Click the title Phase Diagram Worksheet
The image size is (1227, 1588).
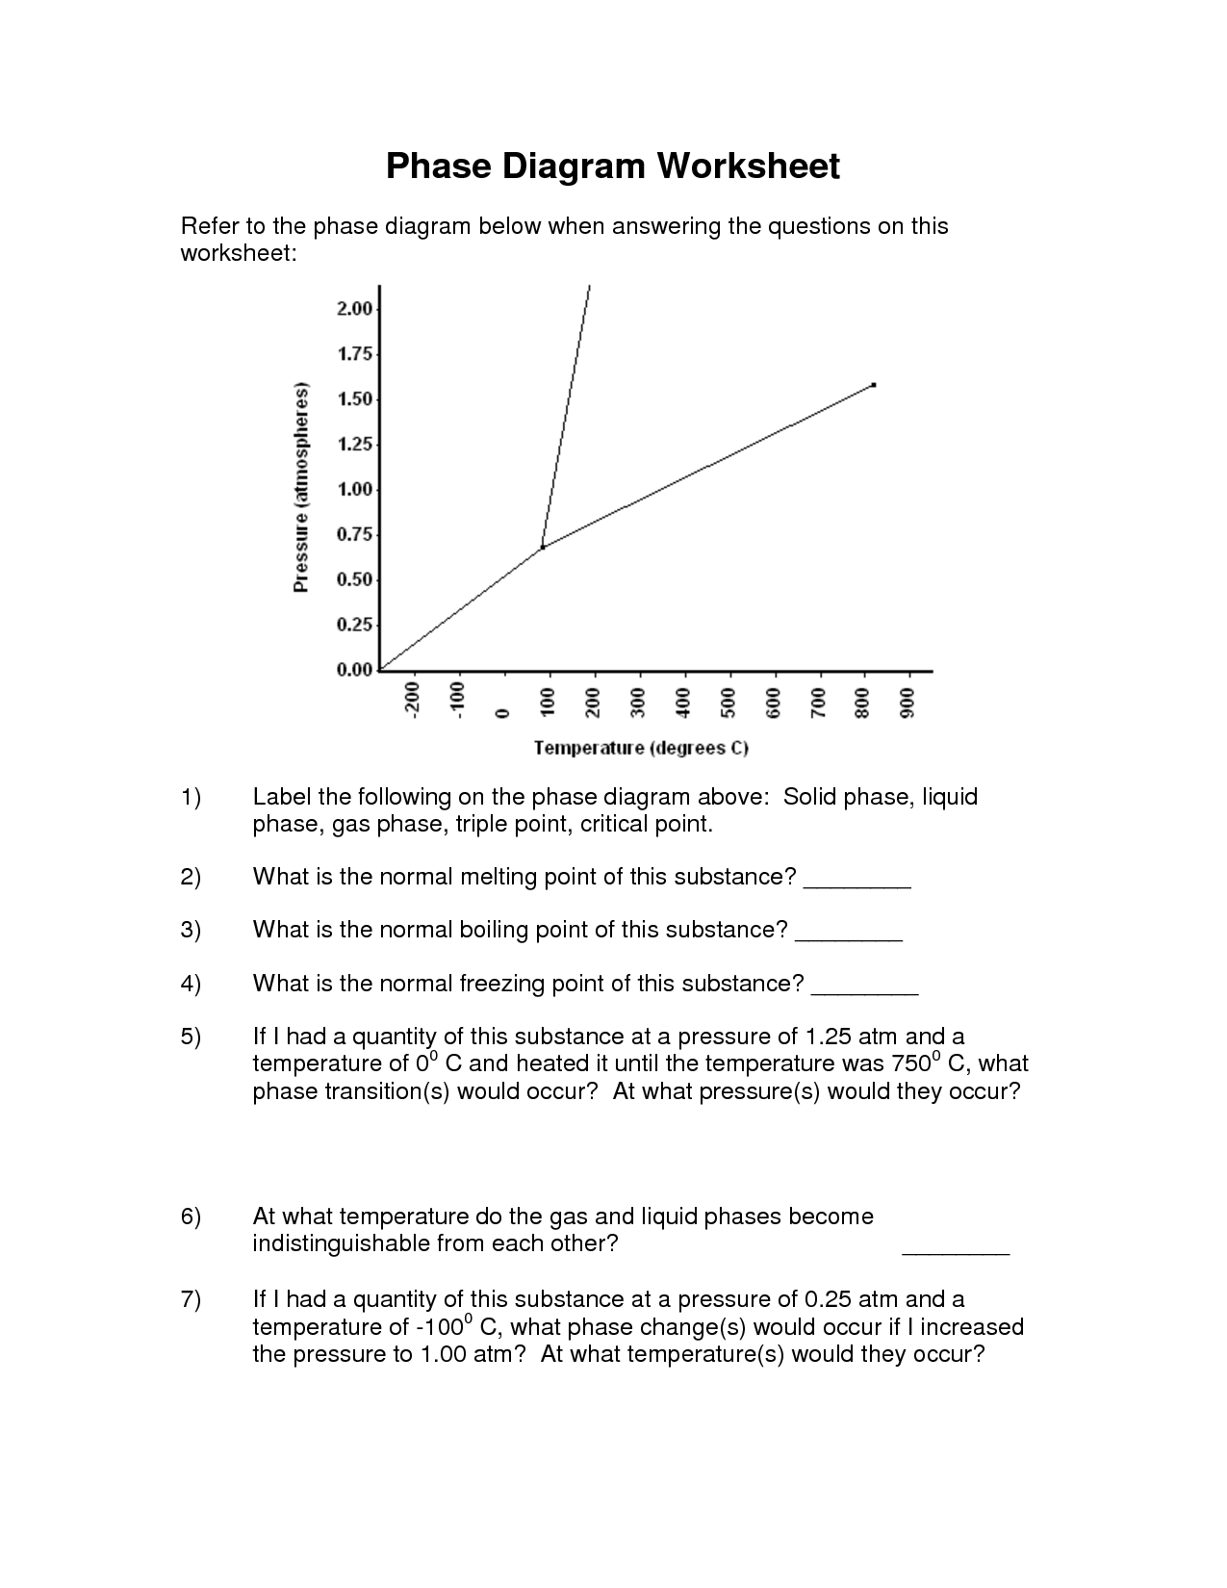[x=613, y=166]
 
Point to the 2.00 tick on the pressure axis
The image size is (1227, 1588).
[x=354, y=309]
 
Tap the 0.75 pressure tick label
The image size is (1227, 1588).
[x=354, y=535]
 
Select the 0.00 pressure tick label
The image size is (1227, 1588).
[x=354, y=671]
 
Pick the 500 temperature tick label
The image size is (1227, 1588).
[x=728, y=703]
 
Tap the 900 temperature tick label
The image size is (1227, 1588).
[x=907, y=703]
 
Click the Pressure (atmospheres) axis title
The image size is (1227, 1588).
[x=302, y=488]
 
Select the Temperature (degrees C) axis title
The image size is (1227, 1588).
[x=641, y=748]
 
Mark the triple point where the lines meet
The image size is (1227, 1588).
[x=543, y=547]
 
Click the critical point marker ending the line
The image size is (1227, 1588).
[x=873, y=385]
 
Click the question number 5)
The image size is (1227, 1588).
[x=191, y=1037]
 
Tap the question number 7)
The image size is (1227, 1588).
[x=191, y=1300]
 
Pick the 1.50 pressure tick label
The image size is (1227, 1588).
[x=354, y=399]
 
